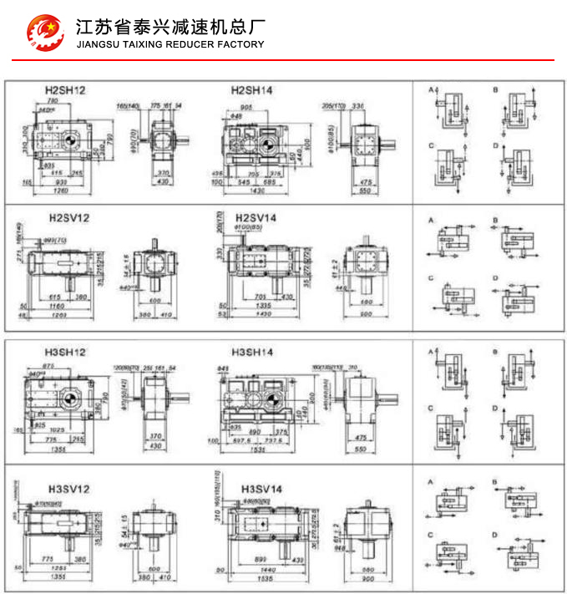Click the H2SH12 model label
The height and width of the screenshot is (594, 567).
click(x=65, y=89)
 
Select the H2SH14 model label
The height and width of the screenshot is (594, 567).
click(x=252, y=89)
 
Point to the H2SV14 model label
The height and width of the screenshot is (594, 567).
click(x=256, y=218)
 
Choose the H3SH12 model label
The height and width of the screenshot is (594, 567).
click(x=65, y=353)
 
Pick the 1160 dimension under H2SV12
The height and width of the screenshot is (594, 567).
click(x=58, y=307)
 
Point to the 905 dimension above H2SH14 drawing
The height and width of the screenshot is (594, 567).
click(x=247, y=108)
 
